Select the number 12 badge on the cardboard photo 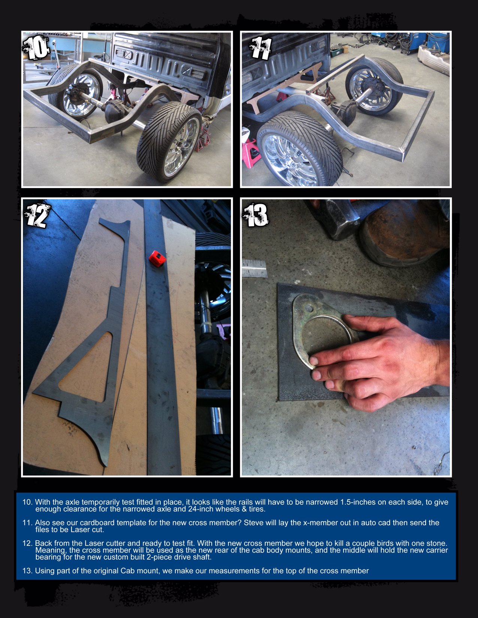36,215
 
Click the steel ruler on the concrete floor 254,269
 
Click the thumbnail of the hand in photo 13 314,361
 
